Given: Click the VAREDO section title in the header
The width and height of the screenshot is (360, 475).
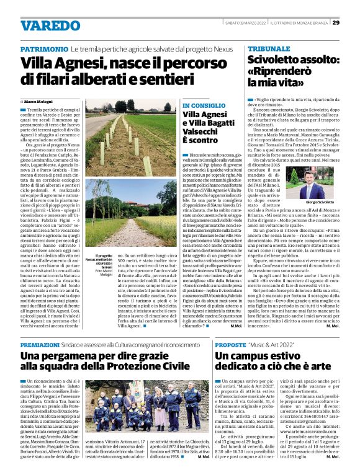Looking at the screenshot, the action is click(46, 25).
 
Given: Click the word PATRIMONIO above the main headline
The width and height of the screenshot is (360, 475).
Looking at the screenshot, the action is click(44, 48).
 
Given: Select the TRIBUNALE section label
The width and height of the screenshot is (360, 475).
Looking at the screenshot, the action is click(269, 48).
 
